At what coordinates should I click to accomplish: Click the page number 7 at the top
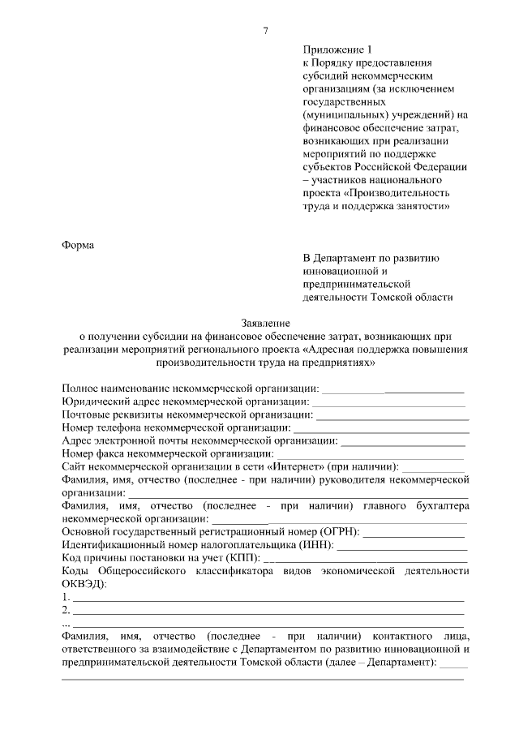click(266, 31)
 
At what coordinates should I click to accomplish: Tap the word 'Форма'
click(79, 246)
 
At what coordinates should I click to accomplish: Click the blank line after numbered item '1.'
click(268, 600)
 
